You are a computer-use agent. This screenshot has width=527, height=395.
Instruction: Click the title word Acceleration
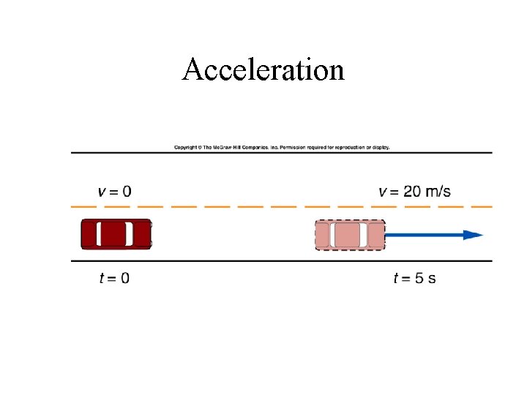263,70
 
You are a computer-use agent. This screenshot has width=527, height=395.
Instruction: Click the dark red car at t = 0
116,234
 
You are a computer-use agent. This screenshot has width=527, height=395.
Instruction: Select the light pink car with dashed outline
350,236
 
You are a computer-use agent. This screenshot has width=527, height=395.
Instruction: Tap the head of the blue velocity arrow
474,235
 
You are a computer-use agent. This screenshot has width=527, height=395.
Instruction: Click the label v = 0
115,192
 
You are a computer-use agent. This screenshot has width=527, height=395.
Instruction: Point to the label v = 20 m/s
414,192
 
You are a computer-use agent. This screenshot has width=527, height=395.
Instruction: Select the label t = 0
113,278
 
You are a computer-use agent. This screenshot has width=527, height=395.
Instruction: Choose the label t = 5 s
414,278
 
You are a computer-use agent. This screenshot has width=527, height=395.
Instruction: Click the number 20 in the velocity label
412,192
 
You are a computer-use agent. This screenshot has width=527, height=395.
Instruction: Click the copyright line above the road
282,147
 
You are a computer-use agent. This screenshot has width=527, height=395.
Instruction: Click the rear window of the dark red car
100,234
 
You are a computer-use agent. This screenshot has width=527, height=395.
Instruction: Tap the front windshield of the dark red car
130,234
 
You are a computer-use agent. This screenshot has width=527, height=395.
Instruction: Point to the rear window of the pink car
334,236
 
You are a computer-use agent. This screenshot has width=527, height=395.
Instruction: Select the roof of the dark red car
115,234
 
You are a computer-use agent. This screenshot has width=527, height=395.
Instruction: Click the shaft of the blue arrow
425,235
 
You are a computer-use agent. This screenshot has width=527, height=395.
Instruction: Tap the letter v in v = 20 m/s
383,192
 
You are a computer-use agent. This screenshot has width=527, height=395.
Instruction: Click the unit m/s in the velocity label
438,192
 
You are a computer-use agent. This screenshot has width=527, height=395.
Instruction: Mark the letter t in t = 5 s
396,278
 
